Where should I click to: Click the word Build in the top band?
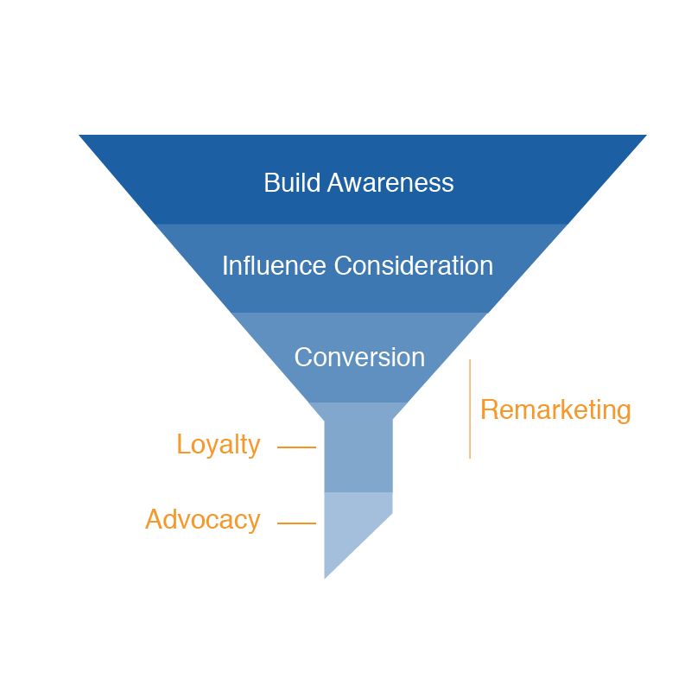click(x=290, y=183)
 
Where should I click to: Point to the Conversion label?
click(x=359, y=358)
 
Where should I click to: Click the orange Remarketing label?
click(x=555, y=409)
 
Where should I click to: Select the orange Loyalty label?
click(x=218, y=445)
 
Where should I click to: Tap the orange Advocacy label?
click(x=202, y=520)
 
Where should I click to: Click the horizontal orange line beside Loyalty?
click(x=296, y=447)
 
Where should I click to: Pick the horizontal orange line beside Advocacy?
click(x=296, y=523)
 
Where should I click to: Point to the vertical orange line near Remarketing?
click(x=470, y=409)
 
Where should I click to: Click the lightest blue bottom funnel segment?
click(x=350, y=527)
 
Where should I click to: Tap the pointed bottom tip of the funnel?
click(x=326, y=574)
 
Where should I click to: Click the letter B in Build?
click(x=270, y=183)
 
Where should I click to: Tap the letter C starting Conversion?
click(x=302, y=358)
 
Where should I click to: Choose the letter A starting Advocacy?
click(x=154, y=520)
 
